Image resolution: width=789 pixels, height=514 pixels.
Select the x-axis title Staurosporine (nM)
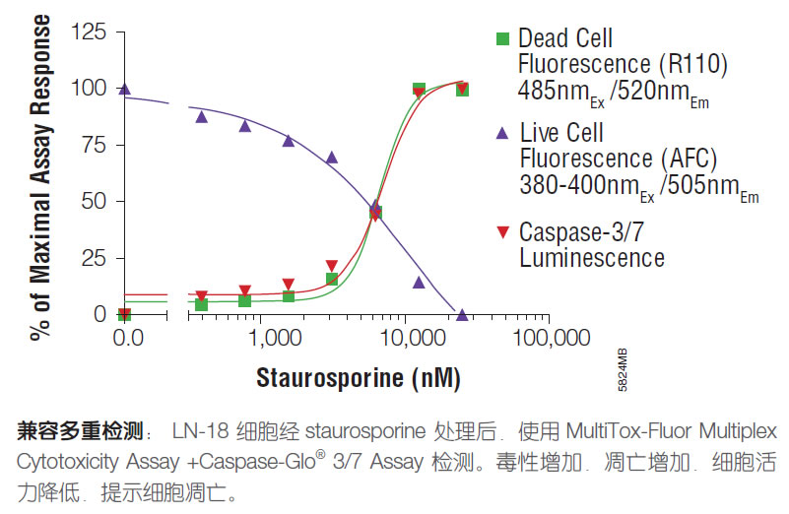359,378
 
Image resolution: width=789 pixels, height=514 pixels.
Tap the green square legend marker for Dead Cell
502,39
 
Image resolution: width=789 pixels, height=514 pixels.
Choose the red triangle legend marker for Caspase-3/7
502,232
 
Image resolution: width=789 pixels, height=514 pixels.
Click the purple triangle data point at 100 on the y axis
124,90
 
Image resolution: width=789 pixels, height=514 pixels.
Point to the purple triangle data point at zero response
462,315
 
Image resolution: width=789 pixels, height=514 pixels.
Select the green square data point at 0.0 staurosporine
124,314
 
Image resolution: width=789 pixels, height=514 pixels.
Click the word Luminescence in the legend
591,258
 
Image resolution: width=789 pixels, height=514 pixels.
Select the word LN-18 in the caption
197,432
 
